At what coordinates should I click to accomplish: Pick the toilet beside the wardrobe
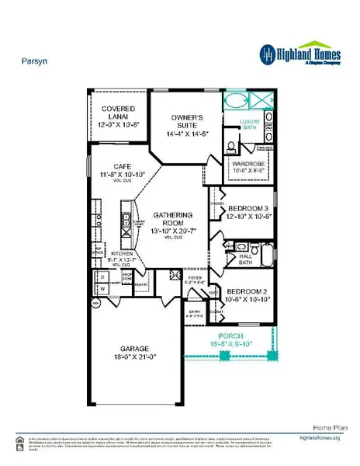pos(232,148)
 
